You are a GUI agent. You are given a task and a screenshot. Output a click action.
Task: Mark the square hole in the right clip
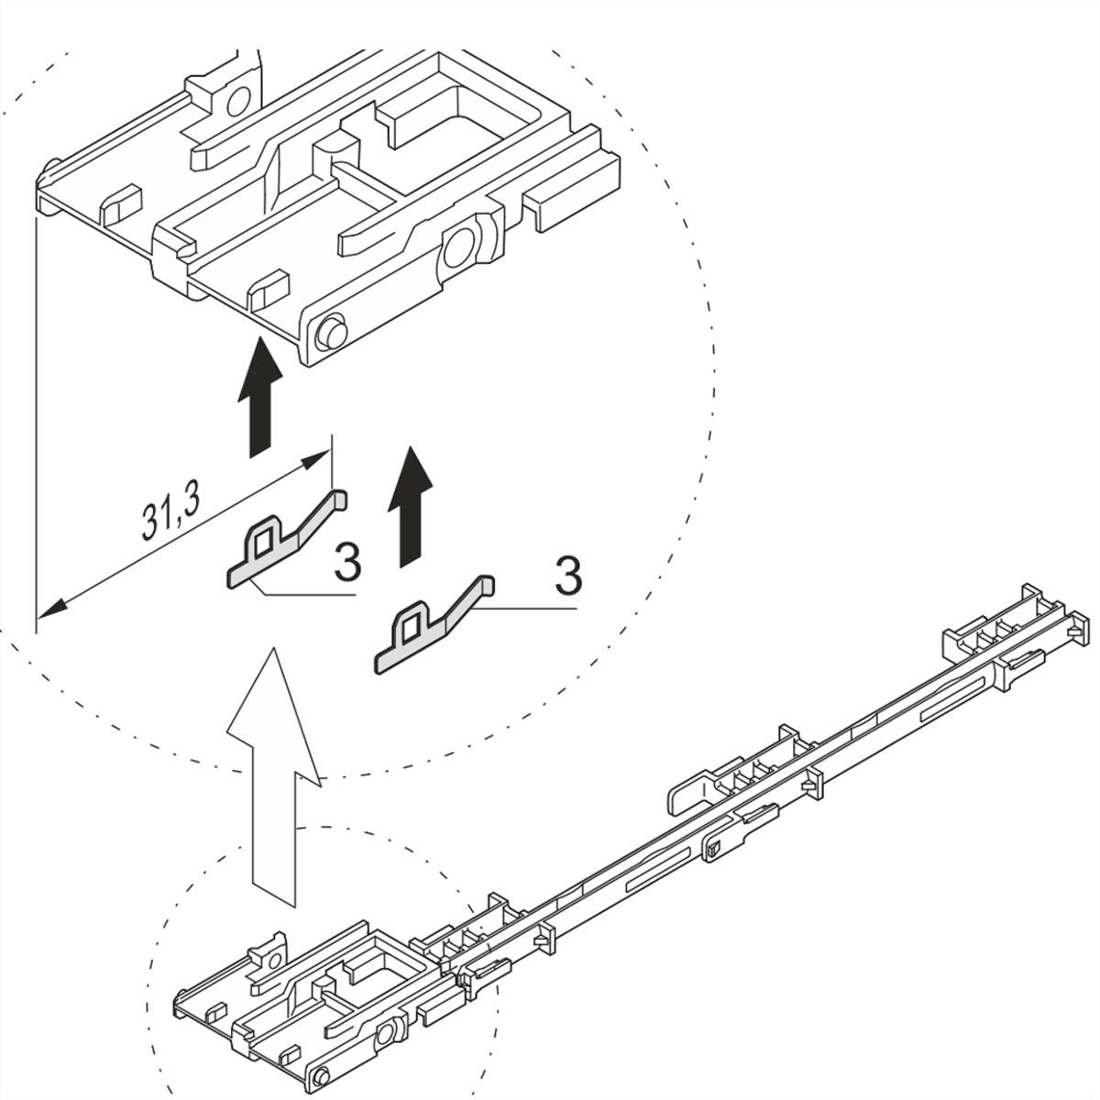tap(410, 629)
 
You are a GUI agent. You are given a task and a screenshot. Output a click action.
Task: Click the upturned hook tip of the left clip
tap(337, 498)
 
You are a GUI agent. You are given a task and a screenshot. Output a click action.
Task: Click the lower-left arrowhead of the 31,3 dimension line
tap(50, 607)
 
